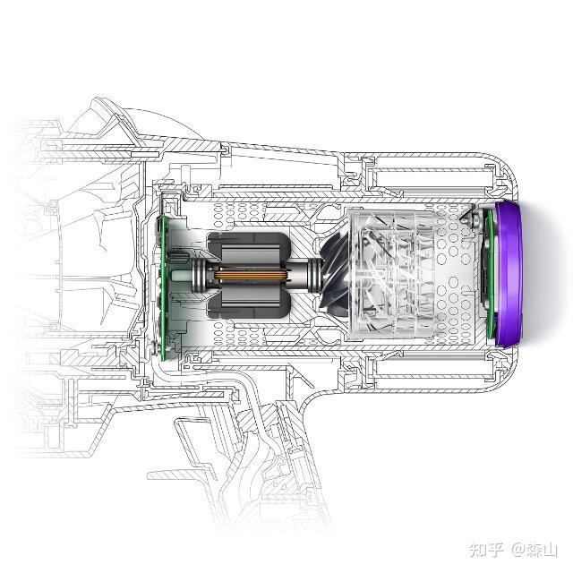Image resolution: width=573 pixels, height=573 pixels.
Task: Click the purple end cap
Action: click(508, 273)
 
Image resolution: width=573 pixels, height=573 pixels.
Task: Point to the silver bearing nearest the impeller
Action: click(313, 276)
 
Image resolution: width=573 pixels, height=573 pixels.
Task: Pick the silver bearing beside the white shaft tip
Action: click(199, 276)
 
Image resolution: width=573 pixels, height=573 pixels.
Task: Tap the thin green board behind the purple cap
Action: click(490, 273)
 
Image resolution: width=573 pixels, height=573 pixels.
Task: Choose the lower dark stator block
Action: click(249, 303)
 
